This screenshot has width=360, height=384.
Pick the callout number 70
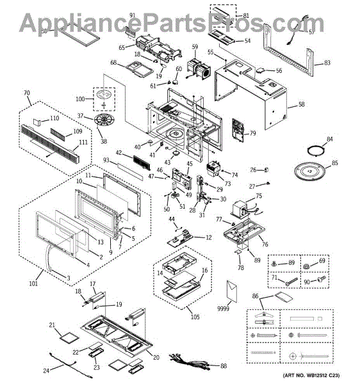point(27,93)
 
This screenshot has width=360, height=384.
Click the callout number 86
point(255,297)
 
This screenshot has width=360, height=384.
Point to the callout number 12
point(209,237)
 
